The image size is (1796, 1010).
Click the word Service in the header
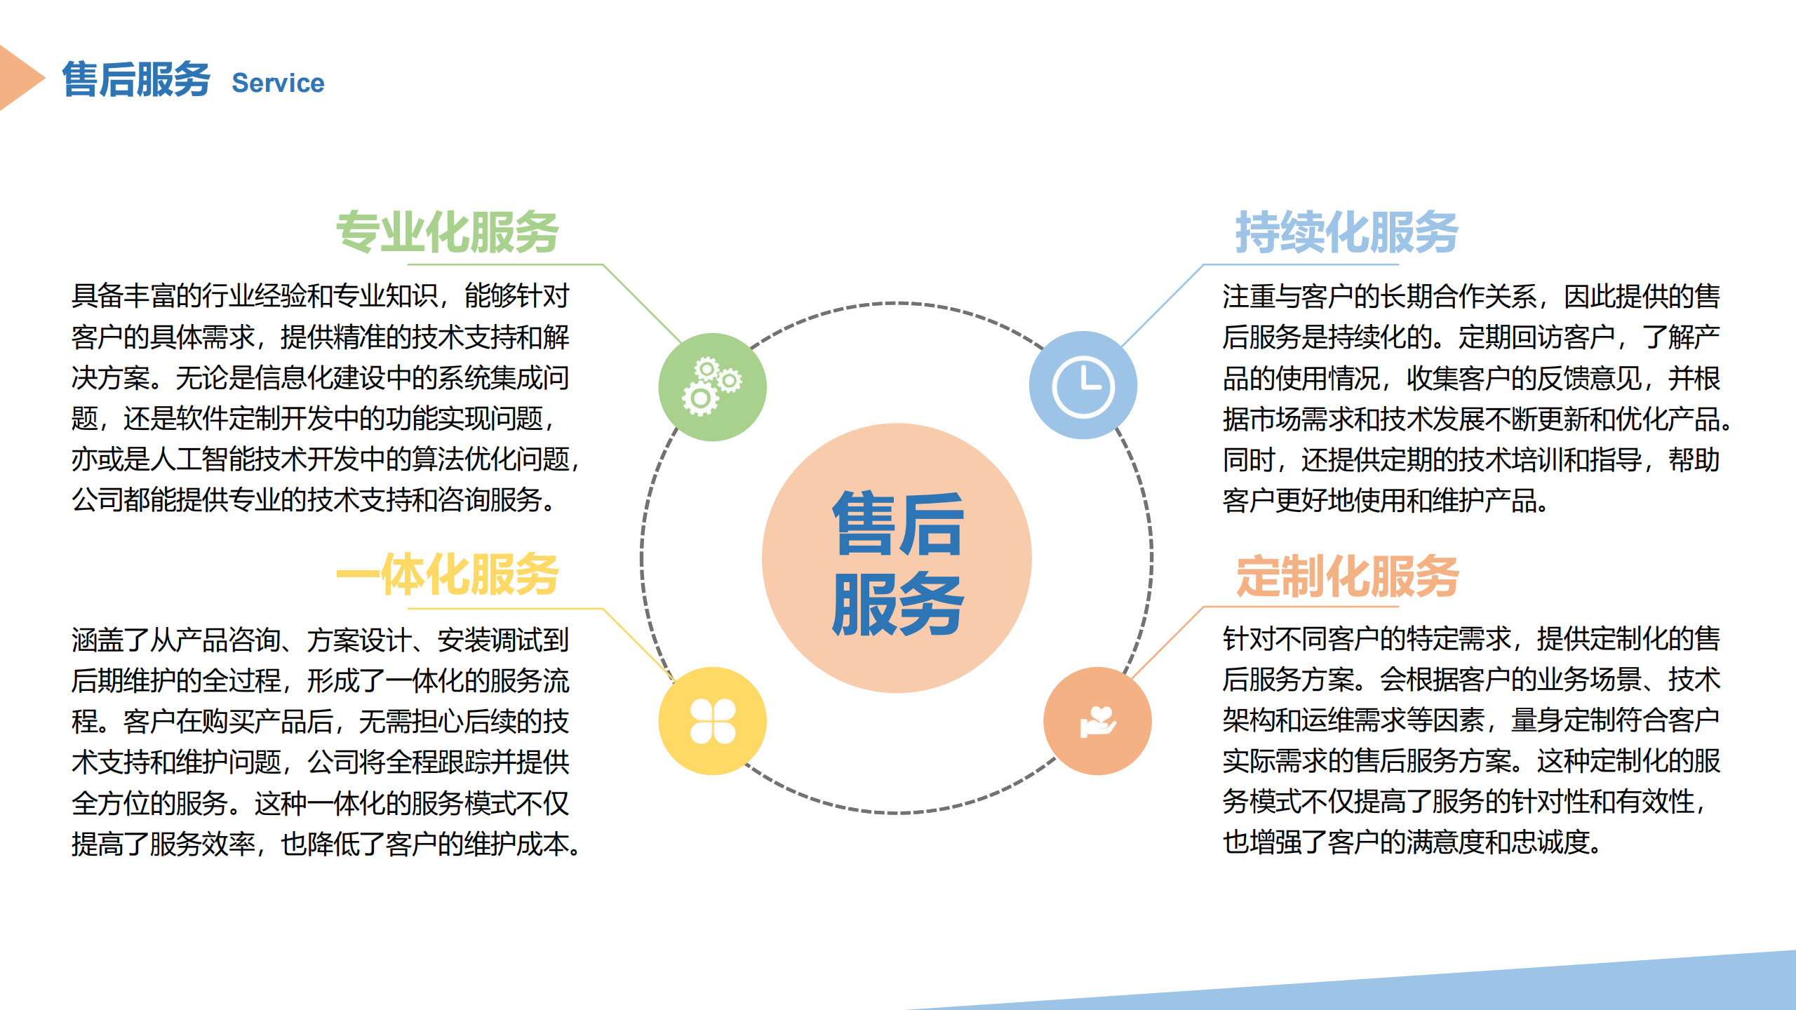pyautogui.click(x=278, y=83)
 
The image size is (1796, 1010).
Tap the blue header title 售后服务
pyautogui.click(x=136, y=79)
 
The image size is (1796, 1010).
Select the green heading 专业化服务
pyautogui.click(x=448, y=231)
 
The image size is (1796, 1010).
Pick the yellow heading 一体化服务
pyautogui.click(x=448, y=574)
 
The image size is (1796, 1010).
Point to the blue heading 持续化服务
pyautogui.click(x=1347, y=231)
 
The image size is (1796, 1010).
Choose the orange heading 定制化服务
pyautogui.click(x=1347, y=576)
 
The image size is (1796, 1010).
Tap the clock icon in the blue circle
pyautogui.click(x=1083, y=386)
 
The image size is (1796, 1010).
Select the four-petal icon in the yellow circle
pyautogui.click(x=713, y=721)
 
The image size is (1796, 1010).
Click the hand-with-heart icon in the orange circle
pyautogui.click(x=1098, y=721)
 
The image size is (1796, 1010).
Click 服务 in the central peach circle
pyautogui.click(x=898, y=603)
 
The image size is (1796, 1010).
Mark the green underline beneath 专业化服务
pyautogui.click(x=505, y=264)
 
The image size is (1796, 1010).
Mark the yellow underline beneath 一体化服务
pyautogui.click(x=505, y=608)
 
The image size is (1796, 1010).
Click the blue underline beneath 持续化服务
pyautogui.click(x=1301, y=264)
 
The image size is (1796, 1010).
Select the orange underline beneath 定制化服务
pyautogui.click(x=1301, y=606)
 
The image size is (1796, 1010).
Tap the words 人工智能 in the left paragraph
pyautogui.click(x=202, y=459)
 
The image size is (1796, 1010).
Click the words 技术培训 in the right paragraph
pyautogui.click(x=1511, y=460)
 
